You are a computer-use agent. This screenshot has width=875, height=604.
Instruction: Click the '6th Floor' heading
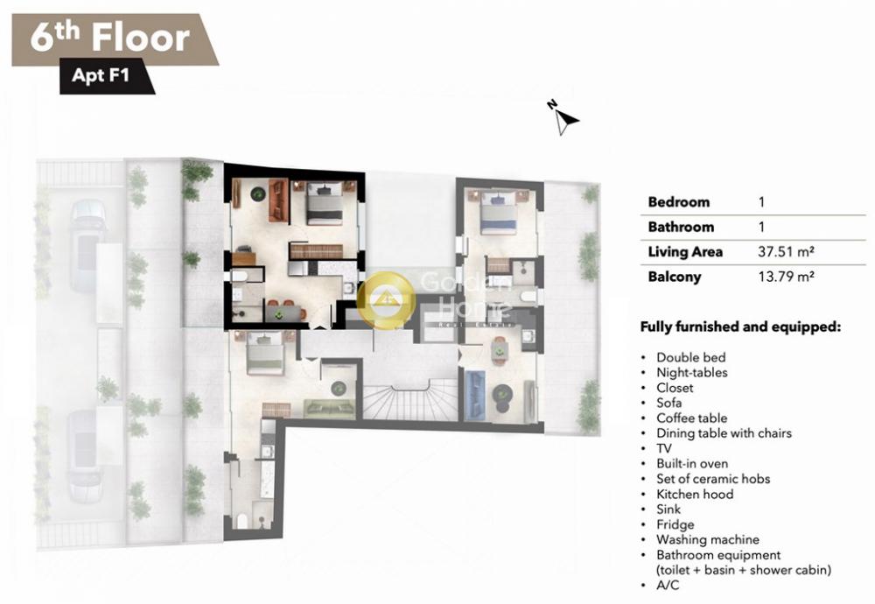point(110,38)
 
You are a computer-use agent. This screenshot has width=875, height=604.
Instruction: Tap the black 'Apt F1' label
point(101,74)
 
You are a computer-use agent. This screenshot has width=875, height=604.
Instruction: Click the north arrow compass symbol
point(563,118)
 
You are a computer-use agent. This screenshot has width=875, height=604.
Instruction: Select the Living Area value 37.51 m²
point(786,252)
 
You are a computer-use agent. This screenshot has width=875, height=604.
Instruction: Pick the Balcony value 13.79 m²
point(786,277)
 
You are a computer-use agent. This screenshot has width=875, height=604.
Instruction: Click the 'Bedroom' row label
point(679,202)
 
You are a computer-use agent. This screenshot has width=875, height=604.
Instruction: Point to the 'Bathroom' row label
point(681,227)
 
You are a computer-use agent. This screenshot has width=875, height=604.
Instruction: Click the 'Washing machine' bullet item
point(708,540)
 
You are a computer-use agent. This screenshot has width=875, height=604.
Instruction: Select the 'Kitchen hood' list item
point(695,494)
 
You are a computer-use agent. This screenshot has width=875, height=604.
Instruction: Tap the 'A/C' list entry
point(668,585)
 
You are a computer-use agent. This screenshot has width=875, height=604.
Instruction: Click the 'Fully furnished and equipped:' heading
point(740,327)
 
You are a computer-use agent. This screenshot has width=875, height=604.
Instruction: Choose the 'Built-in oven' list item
point(692,463)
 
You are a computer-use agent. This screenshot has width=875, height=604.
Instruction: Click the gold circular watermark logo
point(386,299)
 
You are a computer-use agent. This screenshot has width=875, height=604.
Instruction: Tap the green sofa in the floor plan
point(329,408)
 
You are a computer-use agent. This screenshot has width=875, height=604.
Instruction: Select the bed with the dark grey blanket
point(325,203)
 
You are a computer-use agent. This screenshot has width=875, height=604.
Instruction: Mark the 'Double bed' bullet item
point(691,357)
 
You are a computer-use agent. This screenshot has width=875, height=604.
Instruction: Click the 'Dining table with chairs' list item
point(724,433)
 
